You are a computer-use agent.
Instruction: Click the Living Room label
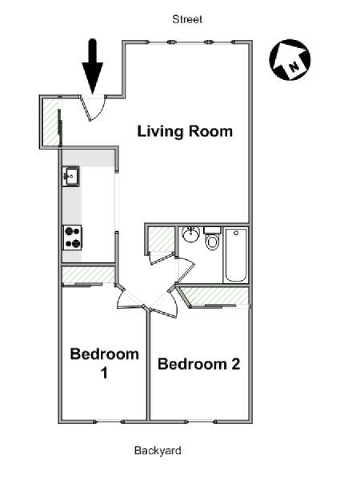click(x=185, y=131)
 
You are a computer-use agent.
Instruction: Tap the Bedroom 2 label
click(x=198, y=364)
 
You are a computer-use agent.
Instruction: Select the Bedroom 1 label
click(x=104, y=363)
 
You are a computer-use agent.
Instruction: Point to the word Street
click(x=187, y=19)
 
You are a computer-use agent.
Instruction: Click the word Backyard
click(x=158, y=450)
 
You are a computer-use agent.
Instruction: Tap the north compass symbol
click(x=290, y=60)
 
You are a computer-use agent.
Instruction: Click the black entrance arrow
click(x=93, y=66)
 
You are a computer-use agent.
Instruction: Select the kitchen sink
click(x=70, y=176)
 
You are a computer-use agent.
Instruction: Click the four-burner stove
click(x=73, y=238)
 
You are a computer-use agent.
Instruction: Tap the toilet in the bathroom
click(x=212, y=238)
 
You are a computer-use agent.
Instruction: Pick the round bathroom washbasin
click(x=190, y=234)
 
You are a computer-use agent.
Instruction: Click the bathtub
click(x=236, y=254)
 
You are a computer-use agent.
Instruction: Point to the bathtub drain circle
click(x=236, y=233)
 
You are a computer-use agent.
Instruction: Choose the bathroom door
click(x=185, y=270)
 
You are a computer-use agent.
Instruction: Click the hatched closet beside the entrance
click(x=50, y=122)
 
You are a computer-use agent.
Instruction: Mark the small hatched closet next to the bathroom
click(x=161, y=240)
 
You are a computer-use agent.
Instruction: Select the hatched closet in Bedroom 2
click(x=216, y=296)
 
